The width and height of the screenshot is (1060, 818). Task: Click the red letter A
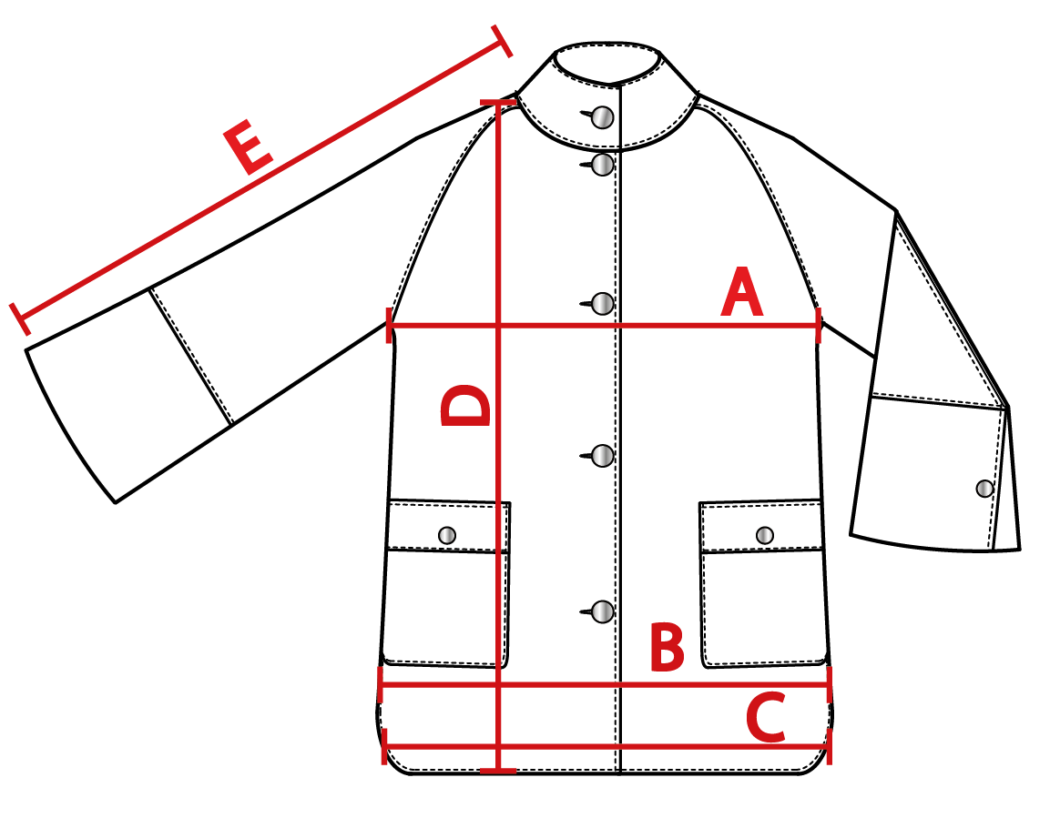coord(741,292)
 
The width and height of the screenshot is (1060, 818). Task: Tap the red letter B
coord(668,647)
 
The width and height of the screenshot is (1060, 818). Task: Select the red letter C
coord(766,717)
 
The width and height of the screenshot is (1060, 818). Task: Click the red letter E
coord(248,146)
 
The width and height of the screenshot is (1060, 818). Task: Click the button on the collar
coord(602,117)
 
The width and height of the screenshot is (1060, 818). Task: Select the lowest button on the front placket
coord(602,612)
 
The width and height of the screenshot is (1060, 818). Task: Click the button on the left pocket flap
coord(447,536)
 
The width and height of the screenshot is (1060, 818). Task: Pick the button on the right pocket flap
coord(765,536)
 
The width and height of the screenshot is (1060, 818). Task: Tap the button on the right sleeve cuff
coord(984,489)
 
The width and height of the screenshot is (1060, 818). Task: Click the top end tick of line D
coord(498,102)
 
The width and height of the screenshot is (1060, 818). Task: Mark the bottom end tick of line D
coord(498,770)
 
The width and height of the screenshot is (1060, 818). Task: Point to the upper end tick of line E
coord(502,41)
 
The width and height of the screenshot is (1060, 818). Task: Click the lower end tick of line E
coord(20,318)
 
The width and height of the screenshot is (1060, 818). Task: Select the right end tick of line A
coord(820,326)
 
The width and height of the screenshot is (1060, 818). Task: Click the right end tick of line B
coord(830,684)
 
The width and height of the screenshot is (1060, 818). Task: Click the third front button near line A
coord(602,304)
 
